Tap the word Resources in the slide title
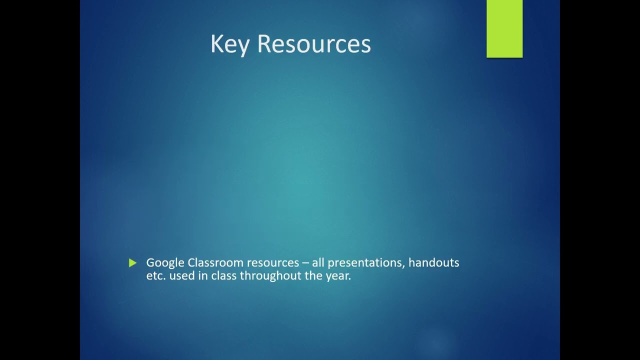[313, 44]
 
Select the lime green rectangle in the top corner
[504, 28]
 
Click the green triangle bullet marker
[132, 263]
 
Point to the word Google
[165, 263]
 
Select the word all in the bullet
[318, 262]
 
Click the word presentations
[366, 263]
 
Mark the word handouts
[433, 262]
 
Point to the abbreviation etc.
[156, 275]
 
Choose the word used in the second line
[181, 275]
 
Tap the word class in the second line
[224, 275]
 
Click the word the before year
[314, 275]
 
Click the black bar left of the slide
[40, 180]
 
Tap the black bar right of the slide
[600, 180]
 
